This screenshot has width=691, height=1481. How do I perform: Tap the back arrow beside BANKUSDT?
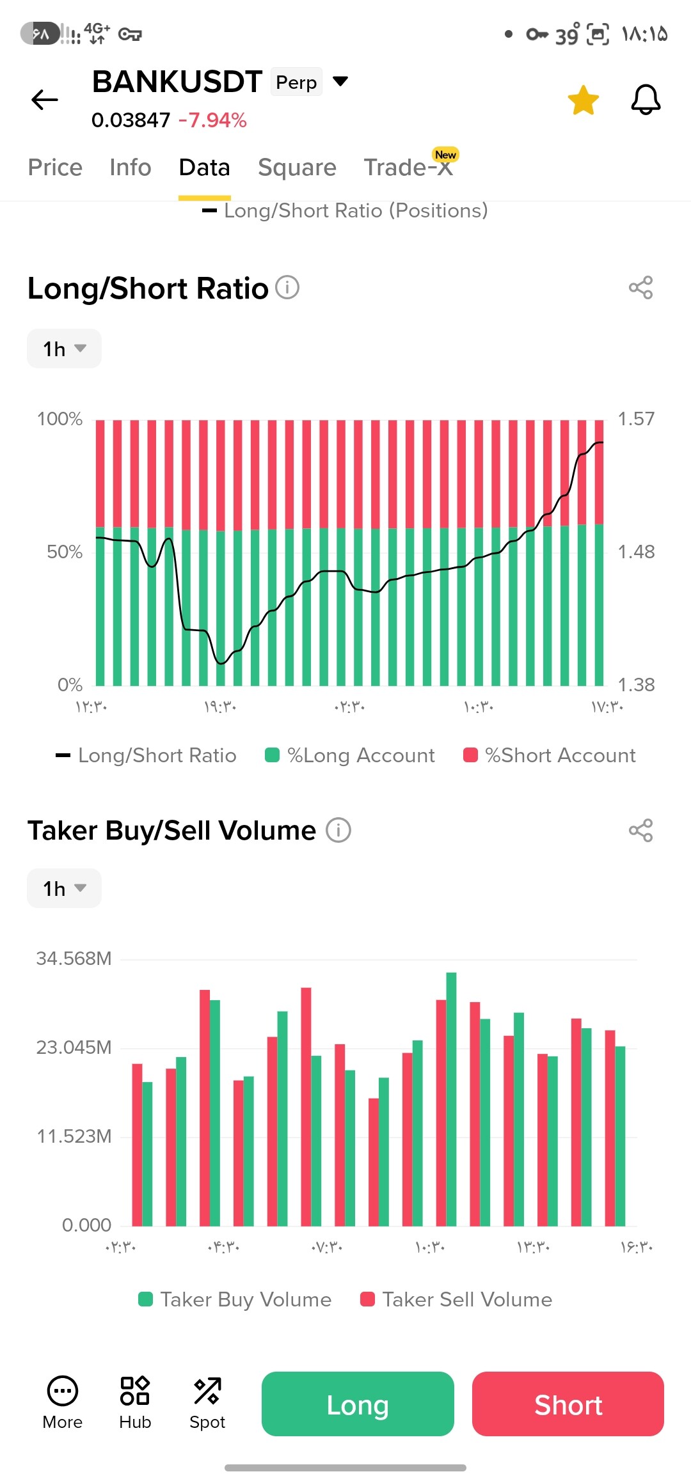click(x=45, y=100)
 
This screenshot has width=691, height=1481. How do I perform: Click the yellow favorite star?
click(x=583, y=100)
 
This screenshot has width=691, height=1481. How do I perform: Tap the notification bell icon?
click(x=646, y=100)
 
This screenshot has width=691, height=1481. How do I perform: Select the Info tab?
click(x=131, y=168)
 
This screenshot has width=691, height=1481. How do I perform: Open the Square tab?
click(x=297, y=168)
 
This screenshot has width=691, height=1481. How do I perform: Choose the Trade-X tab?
click(x=408, y=168)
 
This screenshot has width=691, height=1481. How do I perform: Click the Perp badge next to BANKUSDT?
click(x=296, y=82)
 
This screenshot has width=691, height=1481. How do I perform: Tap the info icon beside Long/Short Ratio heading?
click(x=287, y=288)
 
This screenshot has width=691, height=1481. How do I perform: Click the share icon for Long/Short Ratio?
click(x=640, y=288)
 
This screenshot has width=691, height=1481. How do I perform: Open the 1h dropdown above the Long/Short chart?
click(x=64, y=349)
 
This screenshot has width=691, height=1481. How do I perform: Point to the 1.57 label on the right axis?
click(x=636, y=419)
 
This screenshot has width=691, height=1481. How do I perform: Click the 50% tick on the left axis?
click(x=65, y=552)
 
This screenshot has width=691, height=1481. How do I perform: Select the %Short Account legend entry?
click(x=550, y=755)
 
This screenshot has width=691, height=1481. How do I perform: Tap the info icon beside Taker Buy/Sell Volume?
click(x=338, y=830)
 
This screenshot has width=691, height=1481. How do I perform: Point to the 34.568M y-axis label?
click(x=74, y=959)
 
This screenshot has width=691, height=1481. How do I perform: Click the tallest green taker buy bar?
click(x=451, y=1099)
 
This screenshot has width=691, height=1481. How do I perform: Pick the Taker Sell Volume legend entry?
click(x=456, y=1299)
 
